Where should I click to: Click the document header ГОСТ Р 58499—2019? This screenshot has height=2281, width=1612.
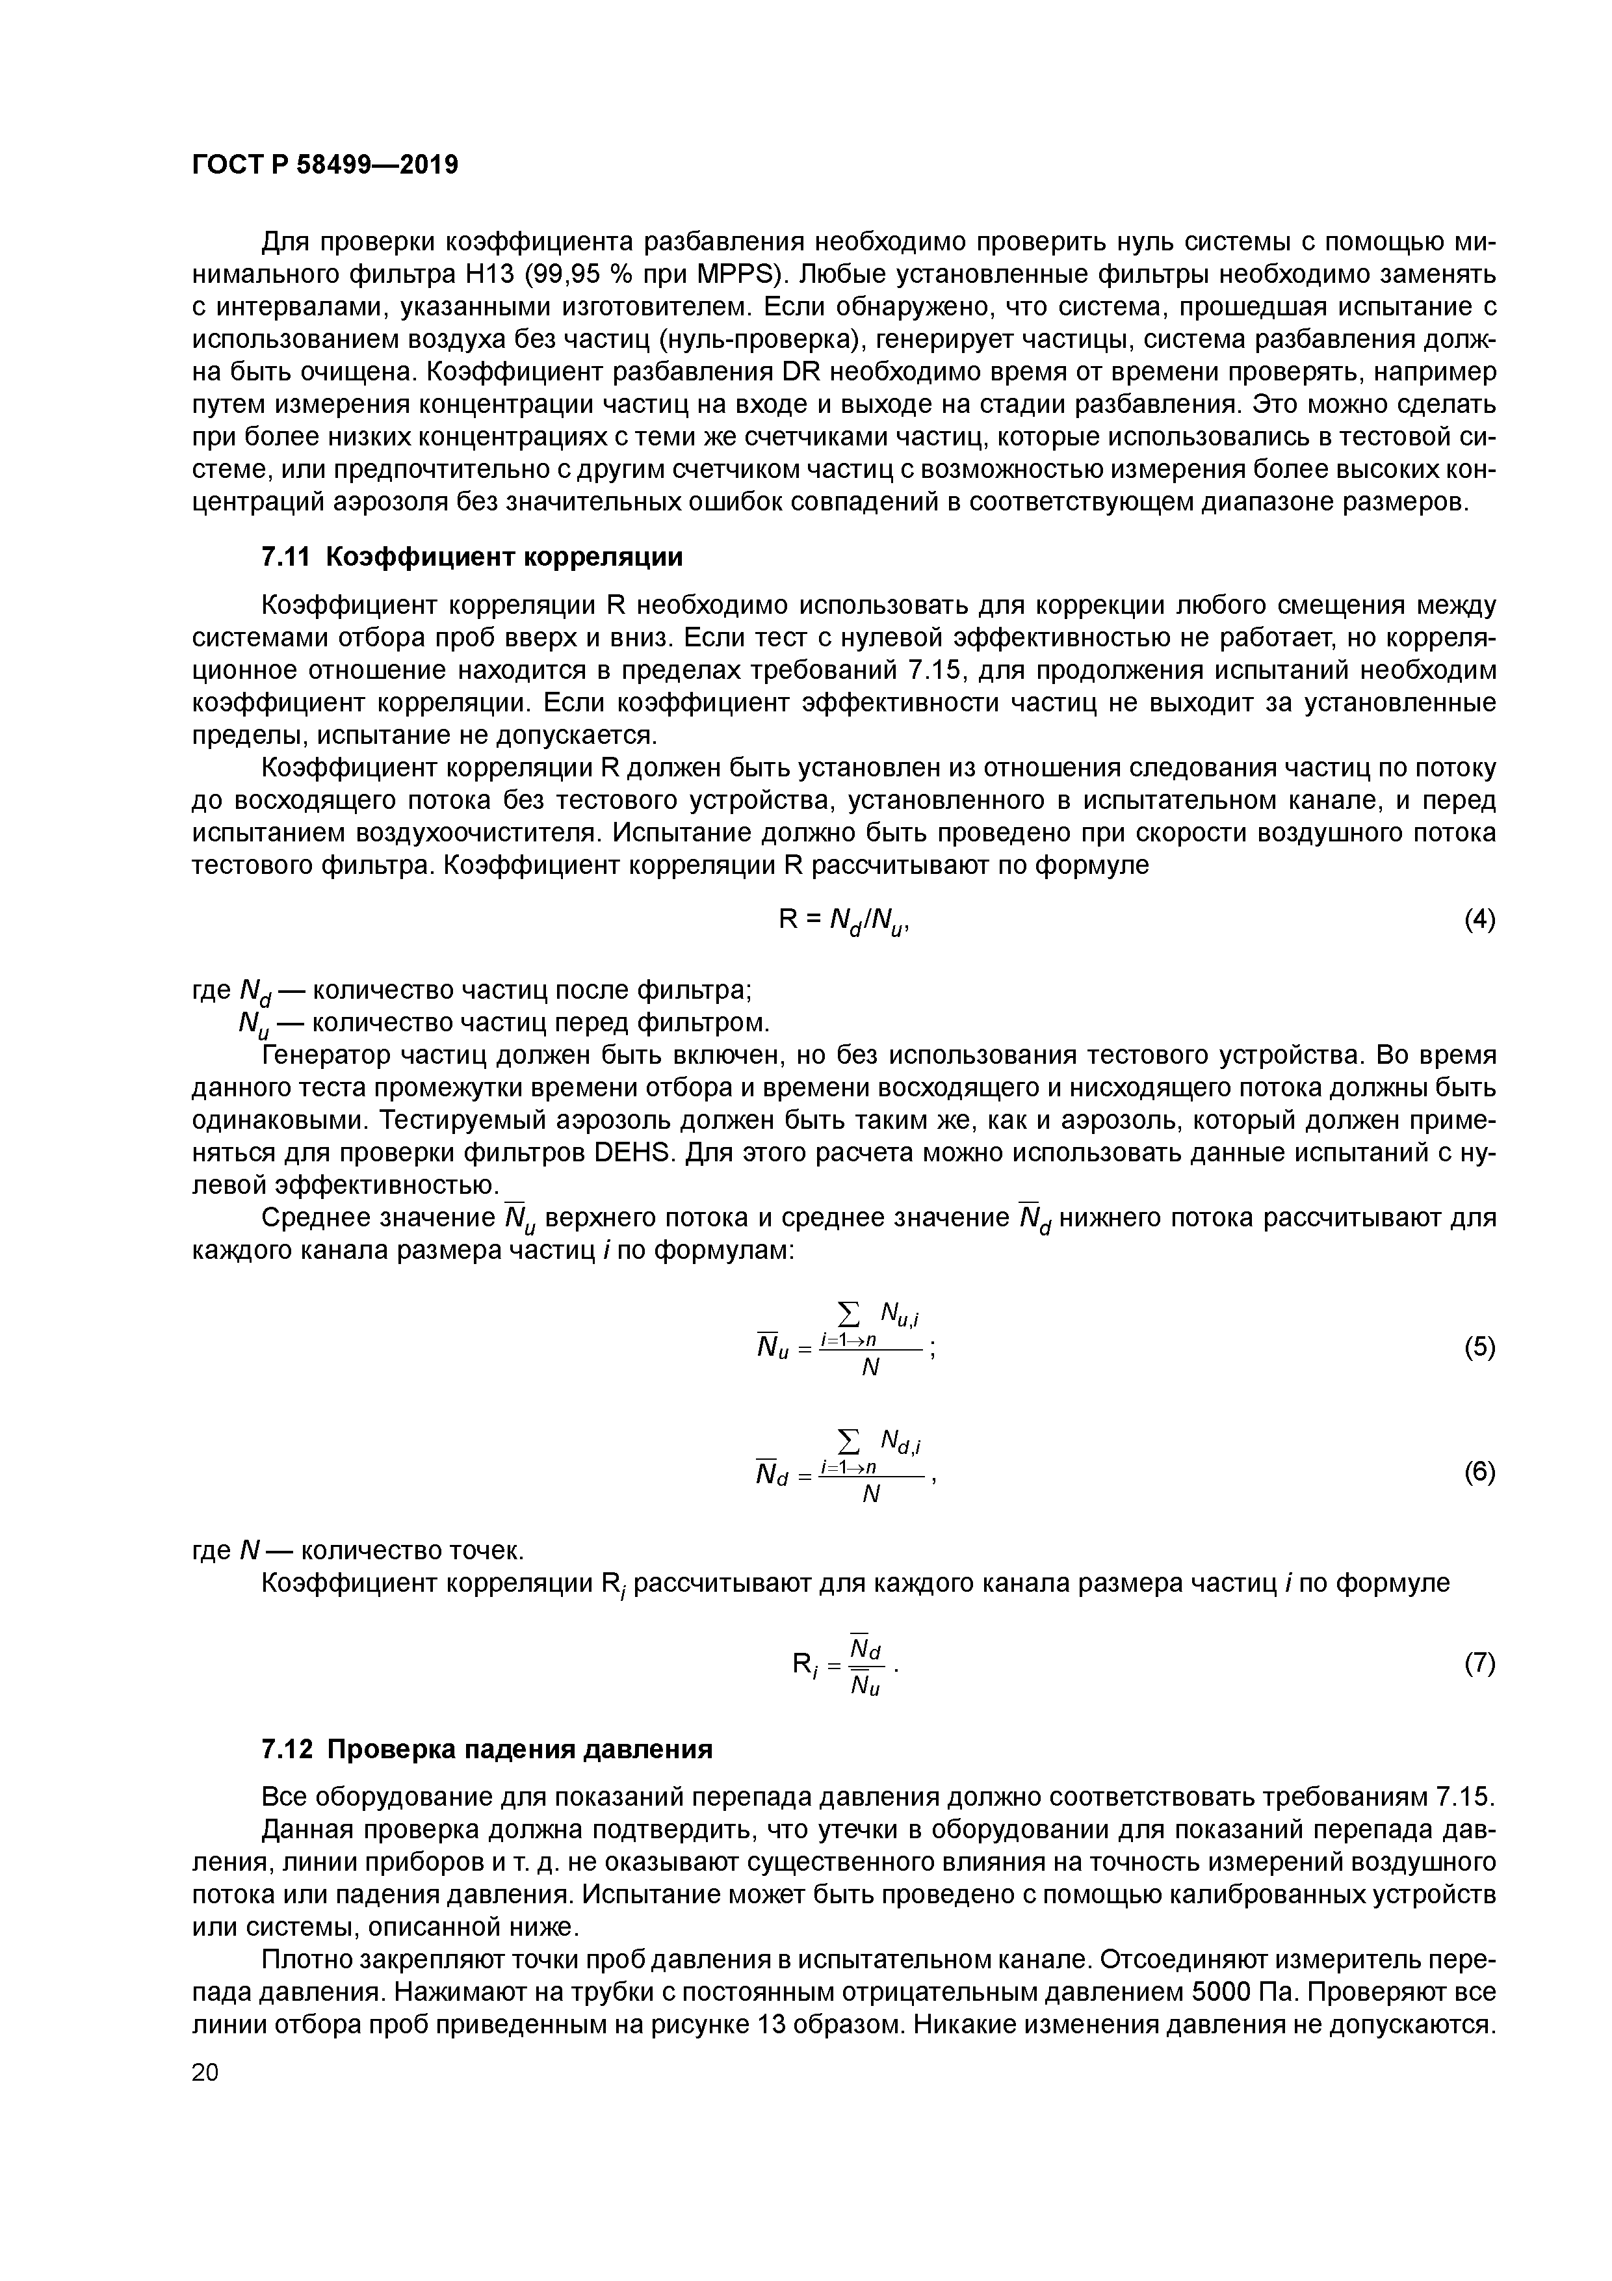coord(325,165)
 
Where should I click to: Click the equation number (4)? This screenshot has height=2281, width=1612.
coord(1479,920)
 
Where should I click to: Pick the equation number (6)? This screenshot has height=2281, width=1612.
coord(1479,1471)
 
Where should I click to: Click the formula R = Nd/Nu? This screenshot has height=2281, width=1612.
coord(844,923)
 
